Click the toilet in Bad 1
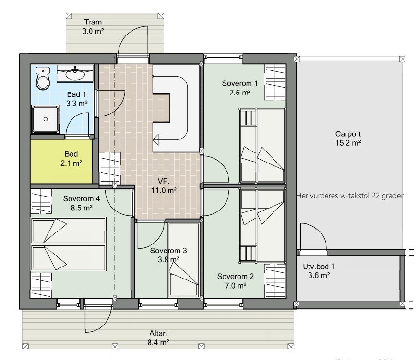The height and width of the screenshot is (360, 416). (43, 79)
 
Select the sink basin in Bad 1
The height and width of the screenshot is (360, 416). (74, 74)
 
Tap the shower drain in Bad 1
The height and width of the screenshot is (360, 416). (46, 119)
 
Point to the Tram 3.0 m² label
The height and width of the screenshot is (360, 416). (93, 26)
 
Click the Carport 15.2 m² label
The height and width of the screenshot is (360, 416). (348, 139)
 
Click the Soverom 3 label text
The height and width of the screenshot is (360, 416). (165, 255)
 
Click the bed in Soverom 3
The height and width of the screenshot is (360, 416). (184, 261)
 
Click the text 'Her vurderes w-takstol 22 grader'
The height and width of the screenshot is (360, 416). (349, 196)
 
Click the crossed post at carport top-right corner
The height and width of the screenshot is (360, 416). (401, 58)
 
